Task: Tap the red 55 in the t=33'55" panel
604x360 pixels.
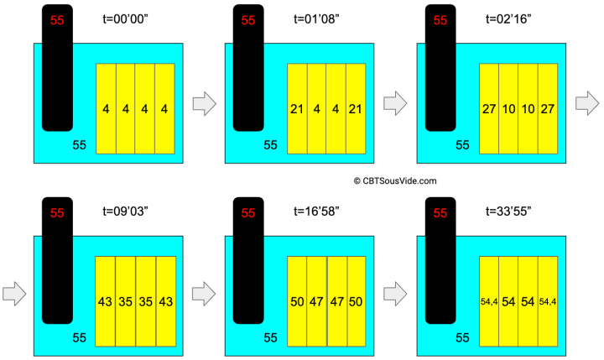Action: click(x=440, y=213)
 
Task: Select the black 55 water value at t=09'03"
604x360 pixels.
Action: click(x=79, y=337)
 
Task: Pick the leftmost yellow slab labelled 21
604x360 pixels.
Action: click(x=297, y=109)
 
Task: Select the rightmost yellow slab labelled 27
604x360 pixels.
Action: click(x=548, y=109)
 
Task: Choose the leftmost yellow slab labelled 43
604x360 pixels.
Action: click(x=106, y=300)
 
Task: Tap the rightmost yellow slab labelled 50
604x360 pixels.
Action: click(x=356, y=300)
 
